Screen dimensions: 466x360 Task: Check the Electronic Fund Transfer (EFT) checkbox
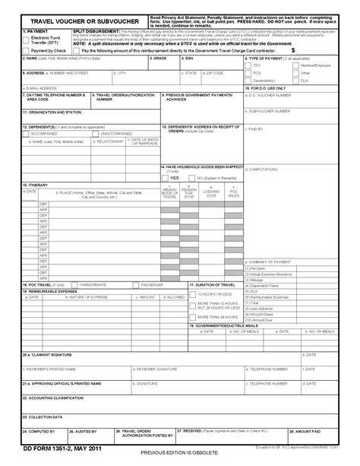tap(27, 38)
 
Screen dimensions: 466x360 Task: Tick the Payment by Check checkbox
tap(27, 50)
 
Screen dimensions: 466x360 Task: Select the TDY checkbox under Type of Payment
tap(248, 65)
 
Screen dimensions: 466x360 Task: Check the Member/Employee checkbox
tap(295, 65)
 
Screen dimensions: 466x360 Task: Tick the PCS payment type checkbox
tap(248, 73)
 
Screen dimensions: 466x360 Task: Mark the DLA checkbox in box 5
tap(295, 80)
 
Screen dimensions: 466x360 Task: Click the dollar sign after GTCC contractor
tap(292, 50)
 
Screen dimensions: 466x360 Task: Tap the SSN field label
tap(190, 58)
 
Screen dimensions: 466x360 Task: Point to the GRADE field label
tap(159, 58)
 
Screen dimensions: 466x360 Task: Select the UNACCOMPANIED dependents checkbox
tap(96, 133)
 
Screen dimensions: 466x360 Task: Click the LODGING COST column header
tap(212, 193)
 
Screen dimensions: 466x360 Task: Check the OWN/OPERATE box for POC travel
tap(76, 284)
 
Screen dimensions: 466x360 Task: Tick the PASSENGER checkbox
tap(137, 284)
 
